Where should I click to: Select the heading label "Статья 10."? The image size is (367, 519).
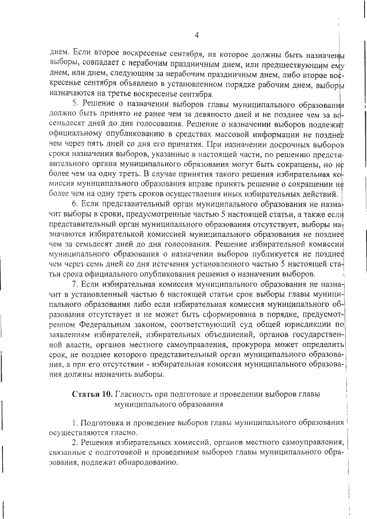pyautogui.click(x=92, y=395)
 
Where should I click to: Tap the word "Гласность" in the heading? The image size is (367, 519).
pyautogui.click(x=134, y=395)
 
